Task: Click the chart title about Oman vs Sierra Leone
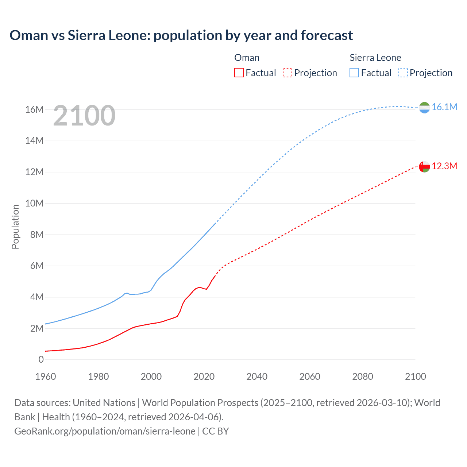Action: click(181, 35)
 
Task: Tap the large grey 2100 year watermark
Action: click(84, 116)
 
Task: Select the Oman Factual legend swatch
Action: click(239, 73)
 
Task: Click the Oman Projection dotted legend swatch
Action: click(287, 73)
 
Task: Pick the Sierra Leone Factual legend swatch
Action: click(354, 73)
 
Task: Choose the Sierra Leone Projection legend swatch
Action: click(403, 73)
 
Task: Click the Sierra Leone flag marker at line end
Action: click(424, 108)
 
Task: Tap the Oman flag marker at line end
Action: click(424, 167)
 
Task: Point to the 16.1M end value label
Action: click(444, 107)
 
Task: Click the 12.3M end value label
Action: click(444, 166)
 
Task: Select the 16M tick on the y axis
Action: click(34, 109)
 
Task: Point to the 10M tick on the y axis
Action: click(34, 203)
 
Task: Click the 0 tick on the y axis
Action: click(41, 359)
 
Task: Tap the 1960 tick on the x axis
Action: click(46, 377)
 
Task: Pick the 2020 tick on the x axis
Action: click(204, 377)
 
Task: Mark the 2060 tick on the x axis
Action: click(310, 377)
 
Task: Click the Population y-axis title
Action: click(15, 227)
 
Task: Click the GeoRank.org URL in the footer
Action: click(105, 431)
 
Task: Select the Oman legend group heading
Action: click(247, 58)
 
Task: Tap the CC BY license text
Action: click(216, 431)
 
